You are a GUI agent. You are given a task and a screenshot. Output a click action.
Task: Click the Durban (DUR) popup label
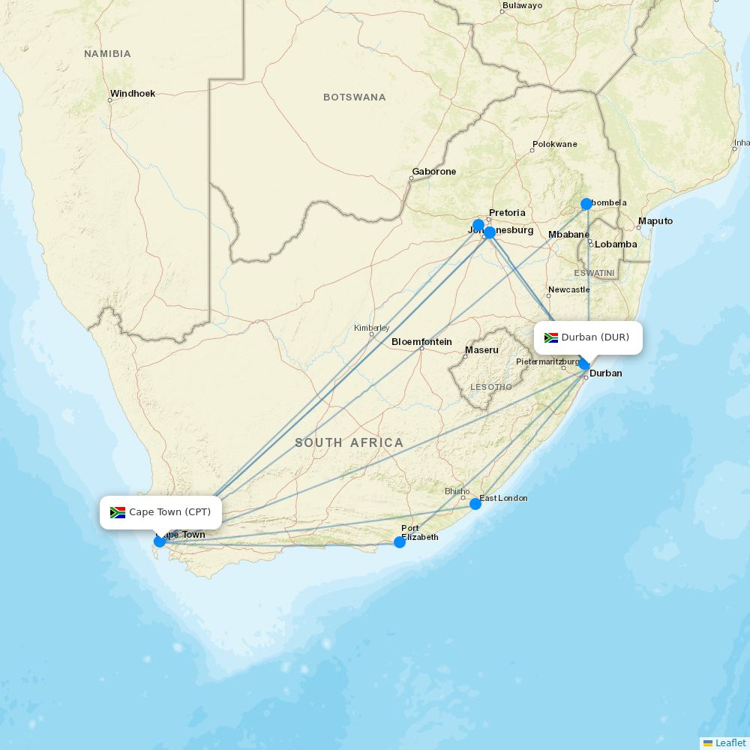click(x=589, y=337)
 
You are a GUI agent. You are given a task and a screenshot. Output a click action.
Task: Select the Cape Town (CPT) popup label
click(x=160, y=512)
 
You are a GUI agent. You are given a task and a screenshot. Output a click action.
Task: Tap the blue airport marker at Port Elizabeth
click(x=400, y=541)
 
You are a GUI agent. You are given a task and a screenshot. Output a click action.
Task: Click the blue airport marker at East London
click(x=475, y=504)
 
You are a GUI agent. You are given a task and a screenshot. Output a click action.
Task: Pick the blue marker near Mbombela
click(x=586, y=204)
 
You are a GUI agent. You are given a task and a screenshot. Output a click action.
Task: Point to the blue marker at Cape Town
click(x=160, y=541)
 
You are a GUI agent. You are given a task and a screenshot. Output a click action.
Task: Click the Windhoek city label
click(x=133, y=94)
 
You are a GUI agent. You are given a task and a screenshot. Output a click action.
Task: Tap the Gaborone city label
click(x=434, y=172)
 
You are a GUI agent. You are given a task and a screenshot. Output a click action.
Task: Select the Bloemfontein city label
click(x=421, y=342)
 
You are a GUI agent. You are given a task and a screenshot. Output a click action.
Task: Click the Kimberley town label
click(x=372, y=328)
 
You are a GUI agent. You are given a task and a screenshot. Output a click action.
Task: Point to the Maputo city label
click(x=655, y=221)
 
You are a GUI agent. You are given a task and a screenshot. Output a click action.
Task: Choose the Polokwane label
click(x=555, y=144)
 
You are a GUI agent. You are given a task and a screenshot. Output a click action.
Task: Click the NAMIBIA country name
click(x=107, y=54)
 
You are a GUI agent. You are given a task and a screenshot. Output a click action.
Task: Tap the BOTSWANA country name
click(x=355, y=97)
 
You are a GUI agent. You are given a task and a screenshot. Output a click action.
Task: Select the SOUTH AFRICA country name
click(x=349, y=443)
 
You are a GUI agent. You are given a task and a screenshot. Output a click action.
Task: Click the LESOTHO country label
click(x=491, y=388)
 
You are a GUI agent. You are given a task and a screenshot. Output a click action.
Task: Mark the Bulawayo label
click(x=523, y=5)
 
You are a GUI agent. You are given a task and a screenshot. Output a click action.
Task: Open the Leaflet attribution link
click(x=730, y=742)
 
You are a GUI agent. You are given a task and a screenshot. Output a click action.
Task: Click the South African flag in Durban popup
click(x=551, y=337)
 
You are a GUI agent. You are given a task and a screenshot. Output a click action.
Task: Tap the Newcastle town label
click(x=569, y=289)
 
